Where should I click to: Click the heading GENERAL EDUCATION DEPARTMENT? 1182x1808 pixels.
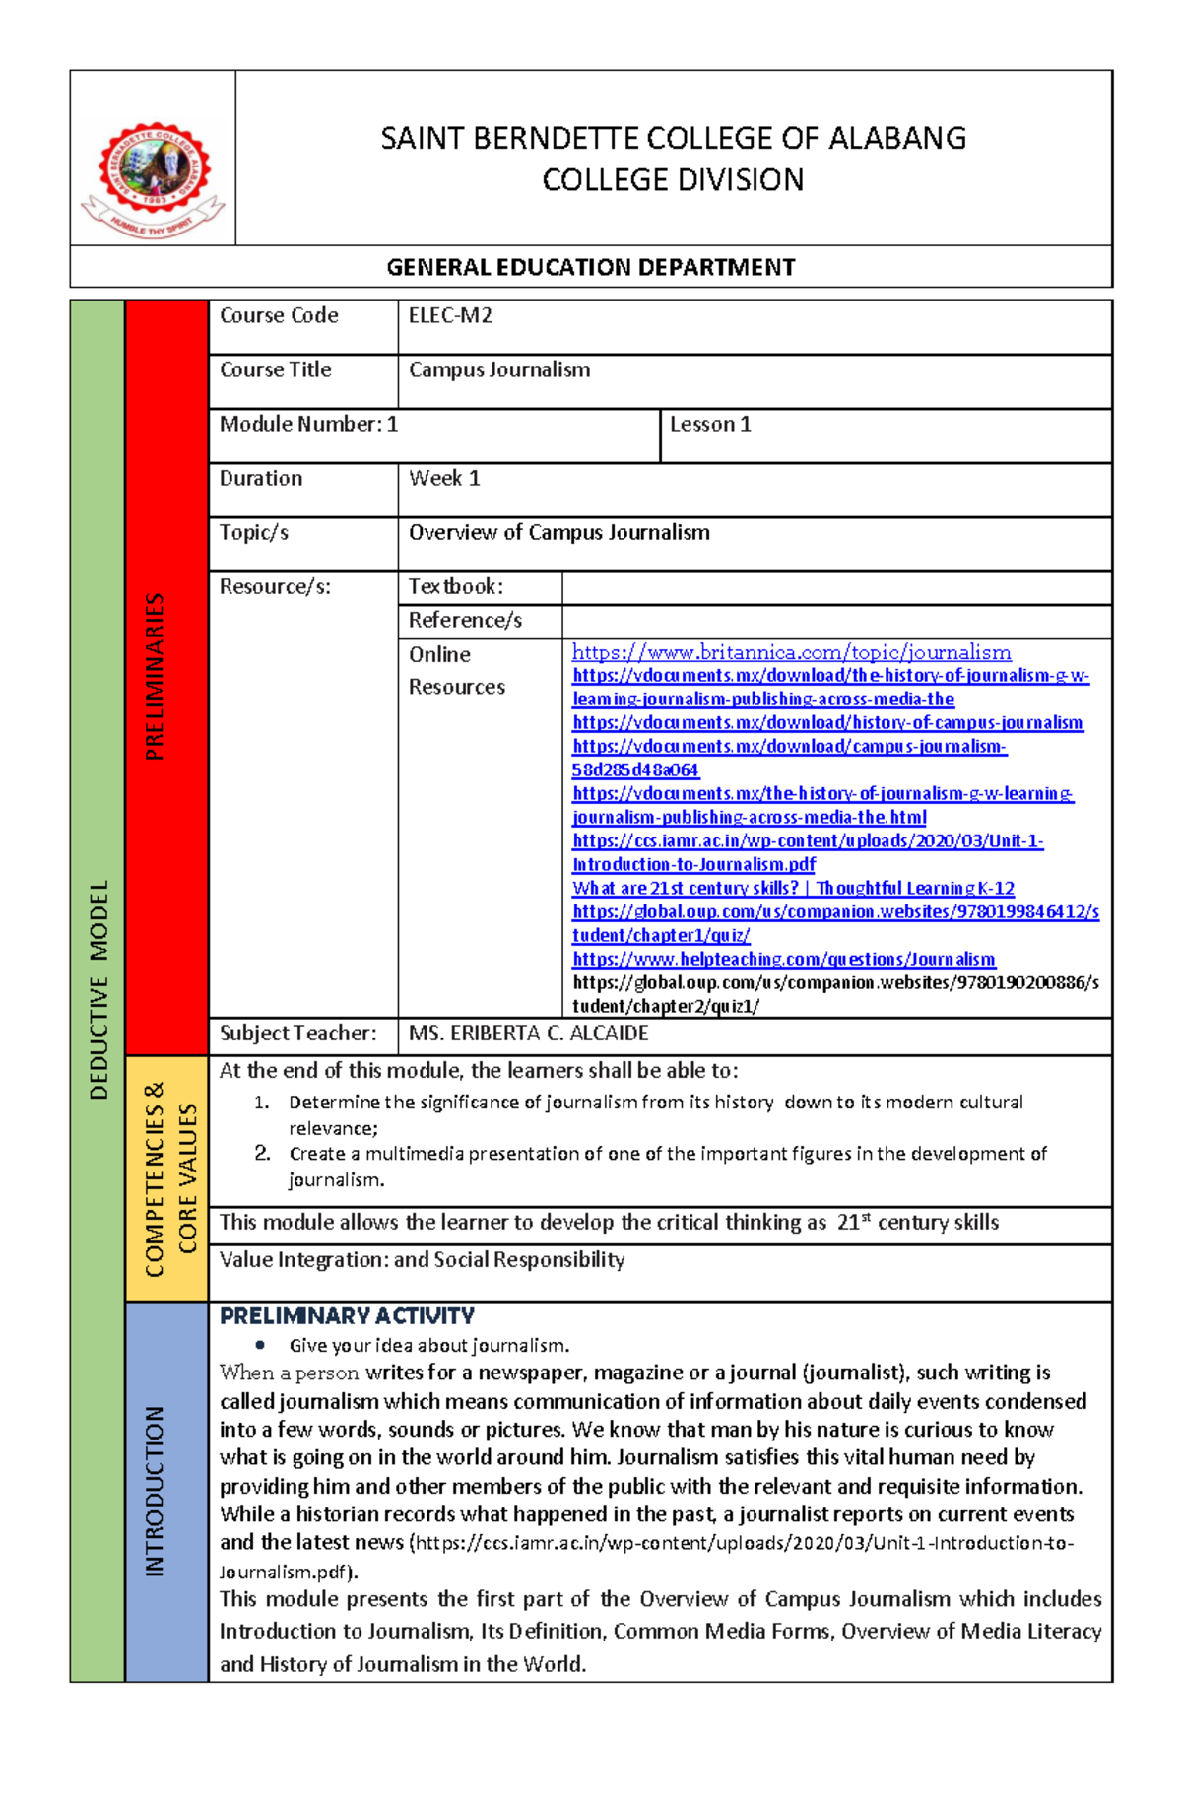tap(590, 267)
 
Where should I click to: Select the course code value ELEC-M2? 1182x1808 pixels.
tap(450, 316)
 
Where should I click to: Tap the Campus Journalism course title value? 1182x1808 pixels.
tap(499, 370)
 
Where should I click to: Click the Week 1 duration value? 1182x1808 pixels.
tap(444, 479)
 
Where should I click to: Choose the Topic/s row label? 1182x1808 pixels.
tap(254, 533)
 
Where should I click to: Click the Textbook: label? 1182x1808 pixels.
tap(455, 587)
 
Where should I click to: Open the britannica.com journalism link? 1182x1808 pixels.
tap(791, 652)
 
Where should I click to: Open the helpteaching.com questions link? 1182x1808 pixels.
tap(783, 959)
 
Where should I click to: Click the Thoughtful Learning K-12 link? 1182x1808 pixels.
tap(793, 888)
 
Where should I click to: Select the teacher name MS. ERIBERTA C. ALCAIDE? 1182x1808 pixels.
tap(528, 1034)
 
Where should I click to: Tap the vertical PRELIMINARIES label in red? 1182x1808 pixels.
tap(155, 676)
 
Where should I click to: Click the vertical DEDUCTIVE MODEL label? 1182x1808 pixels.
tap(98, 989)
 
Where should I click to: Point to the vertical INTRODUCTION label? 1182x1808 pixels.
tap(155, 1491)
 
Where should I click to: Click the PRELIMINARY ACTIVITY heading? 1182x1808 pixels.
tap(347, 1316)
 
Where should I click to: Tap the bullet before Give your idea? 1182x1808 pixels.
tap(260, 1345)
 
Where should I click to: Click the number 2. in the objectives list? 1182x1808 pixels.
tap(262, 1153)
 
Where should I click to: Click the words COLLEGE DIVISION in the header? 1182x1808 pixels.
tap(673, 180)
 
